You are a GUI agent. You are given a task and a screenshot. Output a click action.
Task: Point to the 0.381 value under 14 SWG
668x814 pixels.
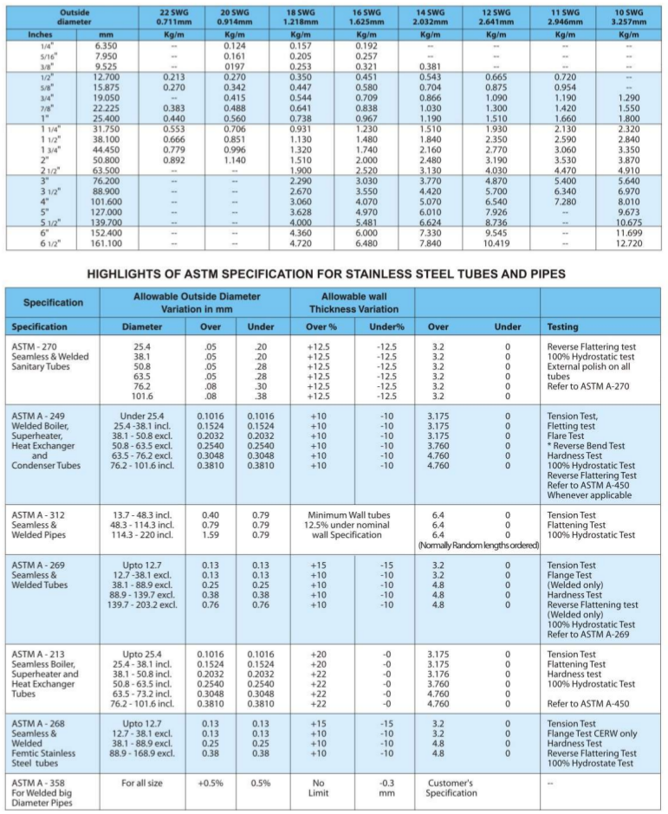431,65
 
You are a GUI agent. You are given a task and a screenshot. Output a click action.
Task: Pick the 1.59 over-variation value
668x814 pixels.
211,534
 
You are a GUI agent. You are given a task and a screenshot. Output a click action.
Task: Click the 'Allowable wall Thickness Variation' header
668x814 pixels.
352,302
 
